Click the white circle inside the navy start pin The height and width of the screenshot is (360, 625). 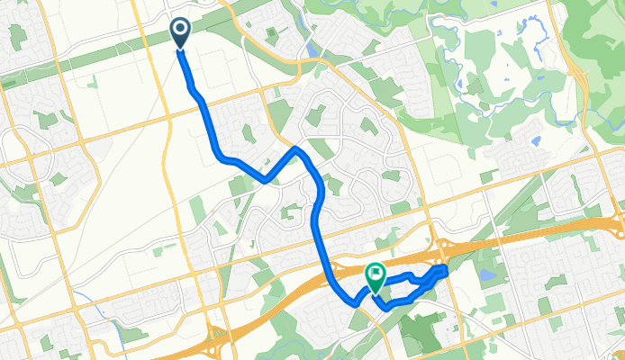click(180, 31)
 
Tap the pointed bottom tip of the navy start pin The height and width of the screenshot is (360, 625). click(180, 49)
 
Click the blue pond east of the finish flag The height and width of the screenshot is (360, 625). click(487, 274)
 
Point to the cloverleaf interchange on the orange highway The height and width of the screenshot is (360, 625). click(216, 337)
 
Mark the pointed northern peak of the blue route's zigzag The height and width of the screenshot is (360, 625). click(295, 148)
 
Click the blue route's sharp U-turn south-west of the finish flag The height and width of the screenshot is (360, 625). click(353, 304)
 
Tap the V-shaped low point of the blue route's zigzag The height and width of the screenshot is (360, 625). click(266, 180)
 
